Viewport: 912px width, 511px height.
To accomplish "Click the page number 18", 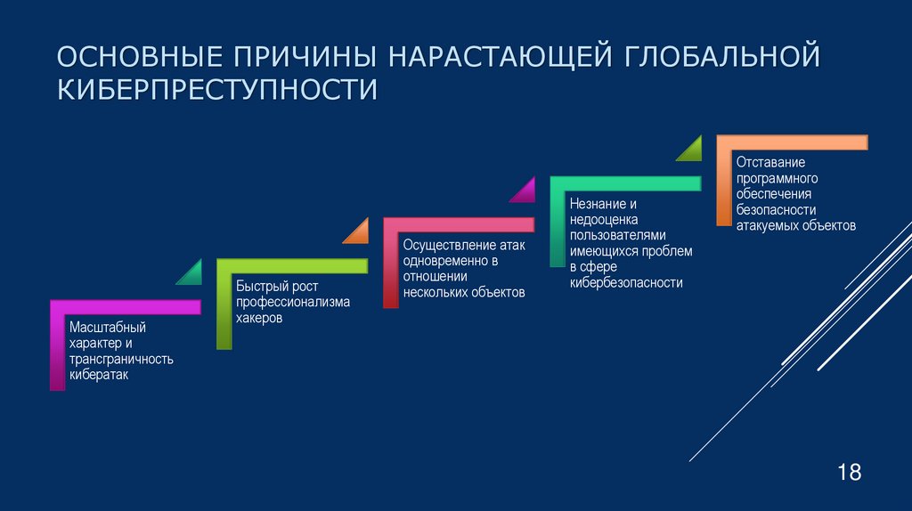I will tap(849, 472).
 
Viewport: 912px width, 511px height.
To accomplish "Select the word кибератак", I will tap(100, 375).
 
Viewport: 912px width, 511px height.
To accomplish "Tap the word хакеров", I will tap(259, 318).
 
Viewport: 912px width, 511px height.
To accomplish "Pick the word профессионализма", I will tap(293, 302).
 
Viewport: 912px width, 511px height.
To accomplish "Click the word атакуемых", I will tap(766, 226).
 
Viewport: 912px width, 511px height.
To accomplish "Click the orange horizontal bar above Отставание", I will tap(792, 142).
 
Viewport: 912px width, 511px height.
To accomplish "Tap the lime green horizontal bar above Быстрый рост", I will tap(292, 265).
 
